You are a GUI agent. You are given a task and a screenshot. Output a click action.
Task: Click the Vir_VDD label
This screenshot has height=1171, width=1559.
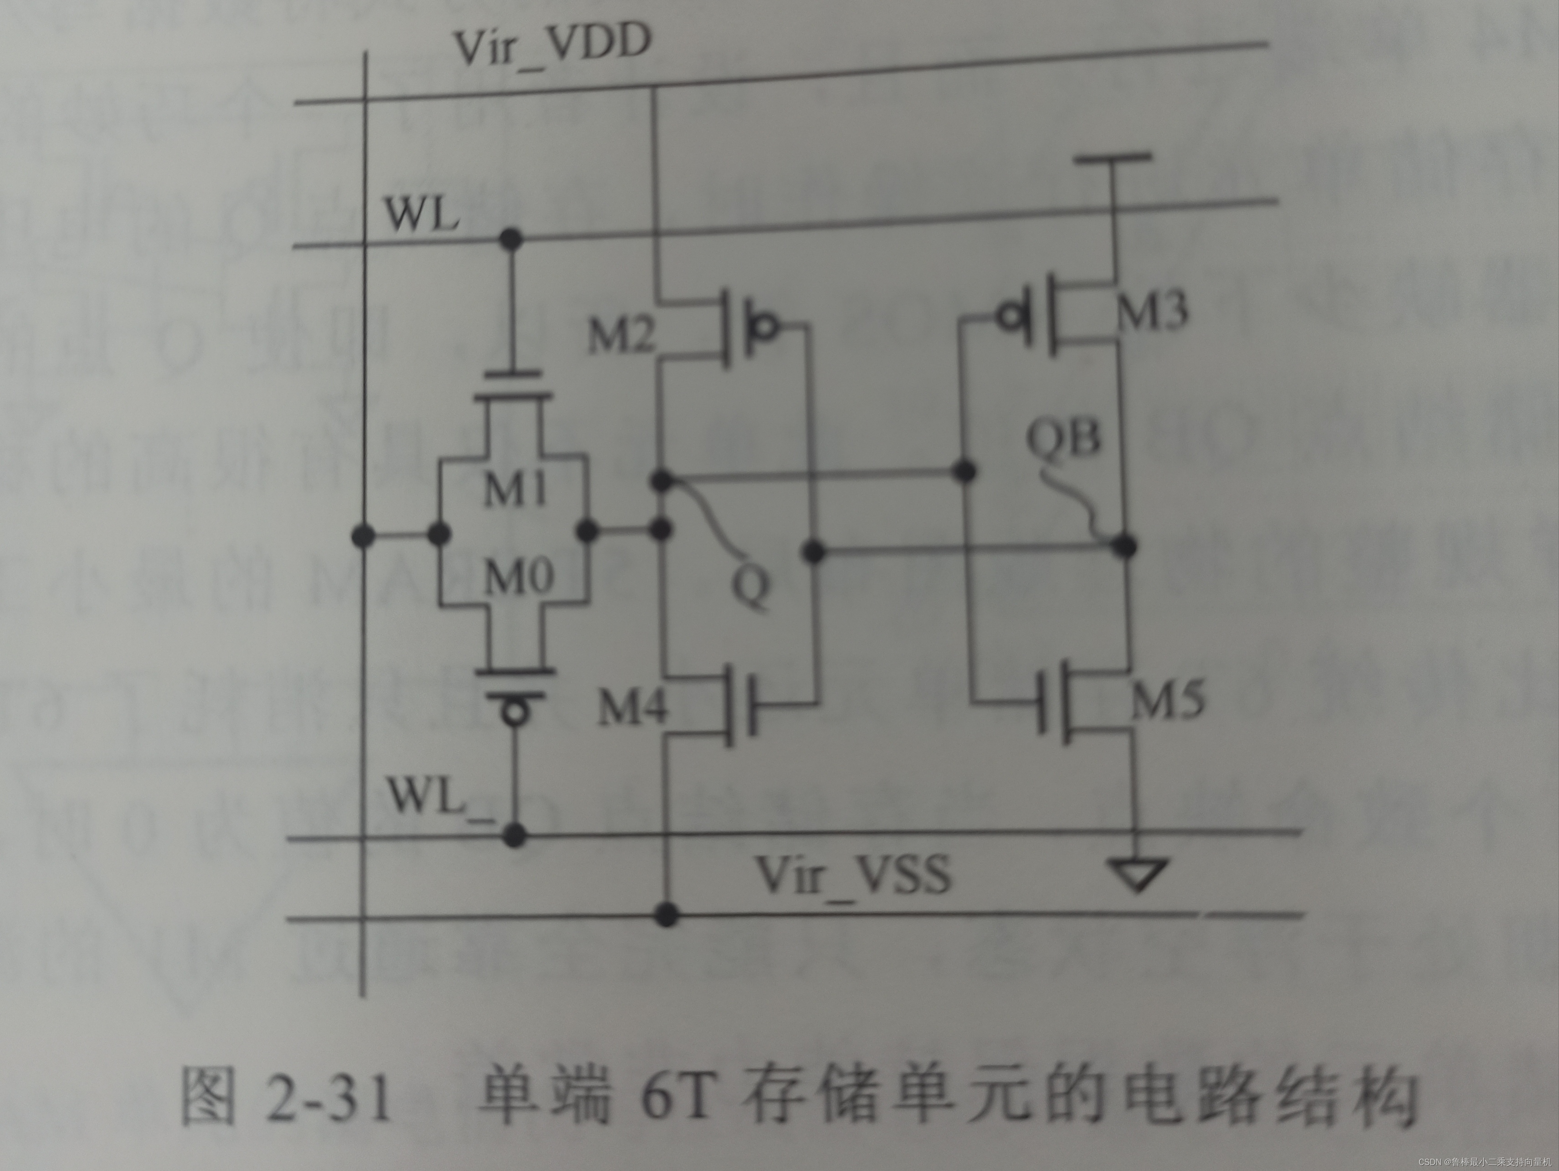coord(552,46)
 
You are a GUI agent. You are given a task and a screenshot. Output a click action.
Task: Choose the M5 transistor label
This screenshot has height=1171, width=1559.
coord(1168,700)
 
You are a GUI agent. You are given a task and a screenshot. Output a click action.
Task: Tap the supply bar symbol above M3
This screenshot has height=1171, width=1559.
coord(1112,158)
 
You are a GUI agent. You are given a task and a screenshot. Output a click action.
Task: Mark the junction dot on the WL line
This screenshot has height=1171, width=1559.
coord(511,239)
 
